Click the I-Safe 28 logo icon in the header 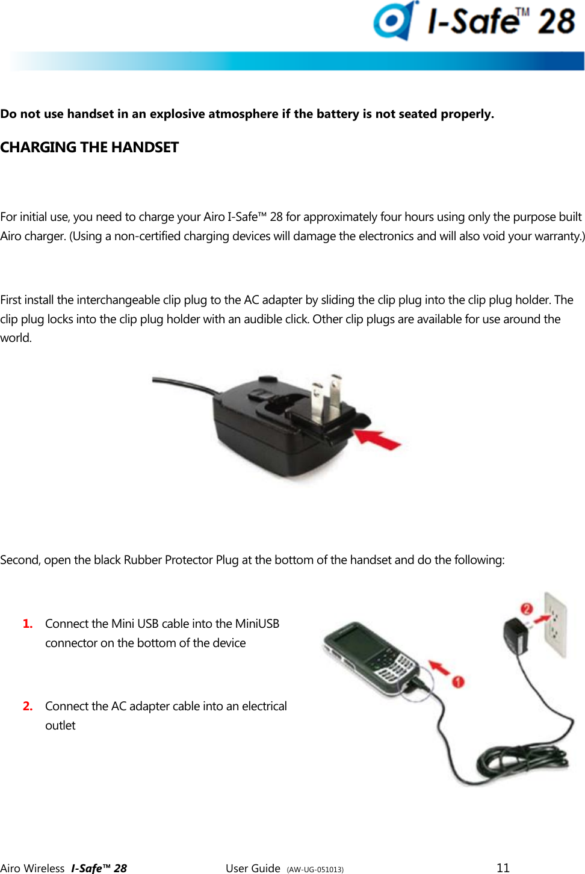394,21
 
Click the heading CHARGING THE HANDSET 89,147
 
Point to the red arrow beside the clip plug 377,439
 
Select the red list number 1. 28,624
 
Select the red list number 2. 28,706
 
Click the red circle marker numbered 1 458,681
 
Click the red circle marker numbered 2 527,609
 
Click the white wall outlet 556,625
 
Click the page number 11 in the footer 503,867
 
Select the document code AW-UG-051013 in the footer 315,869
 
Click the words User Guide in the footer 253,868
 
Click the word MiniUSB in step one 257,624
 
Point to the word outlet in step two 60,725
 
